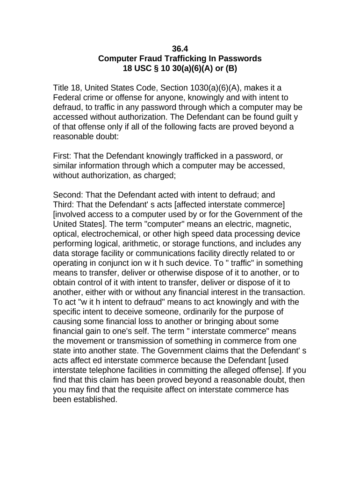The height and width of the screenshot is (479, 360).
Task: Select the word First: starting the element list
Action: pyautogui.click(x=63, y=156)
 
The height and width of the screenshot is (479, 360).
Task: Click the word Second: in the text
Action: pyautogui.click(x=69, y=195)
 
